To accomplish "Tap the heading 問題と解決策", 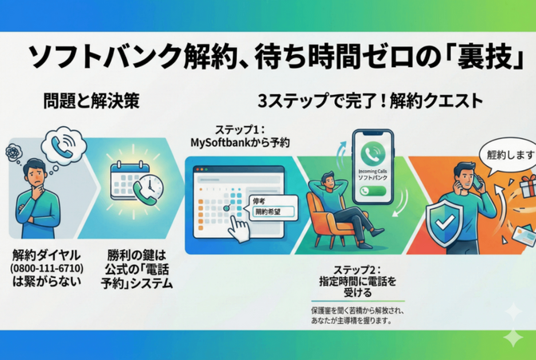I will pos(93,101).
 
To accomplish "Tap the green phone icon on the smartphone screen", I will pos(376,153).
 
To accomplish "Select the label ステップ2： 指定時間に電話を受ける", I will pos(356,281).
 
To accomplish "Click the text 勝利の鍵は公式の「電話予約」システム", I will pos(140,269).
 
